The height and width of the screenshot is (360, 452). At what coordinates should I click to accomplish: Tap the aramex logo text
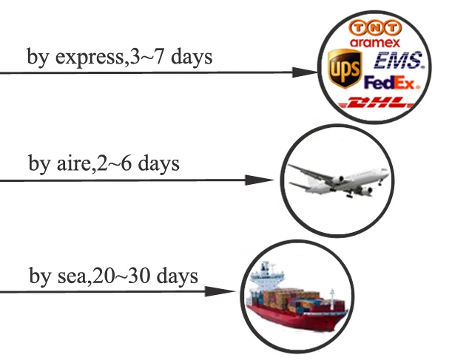372,43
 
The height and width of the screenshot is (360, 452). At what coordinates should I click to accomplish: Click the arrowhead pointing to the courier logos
304,72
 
